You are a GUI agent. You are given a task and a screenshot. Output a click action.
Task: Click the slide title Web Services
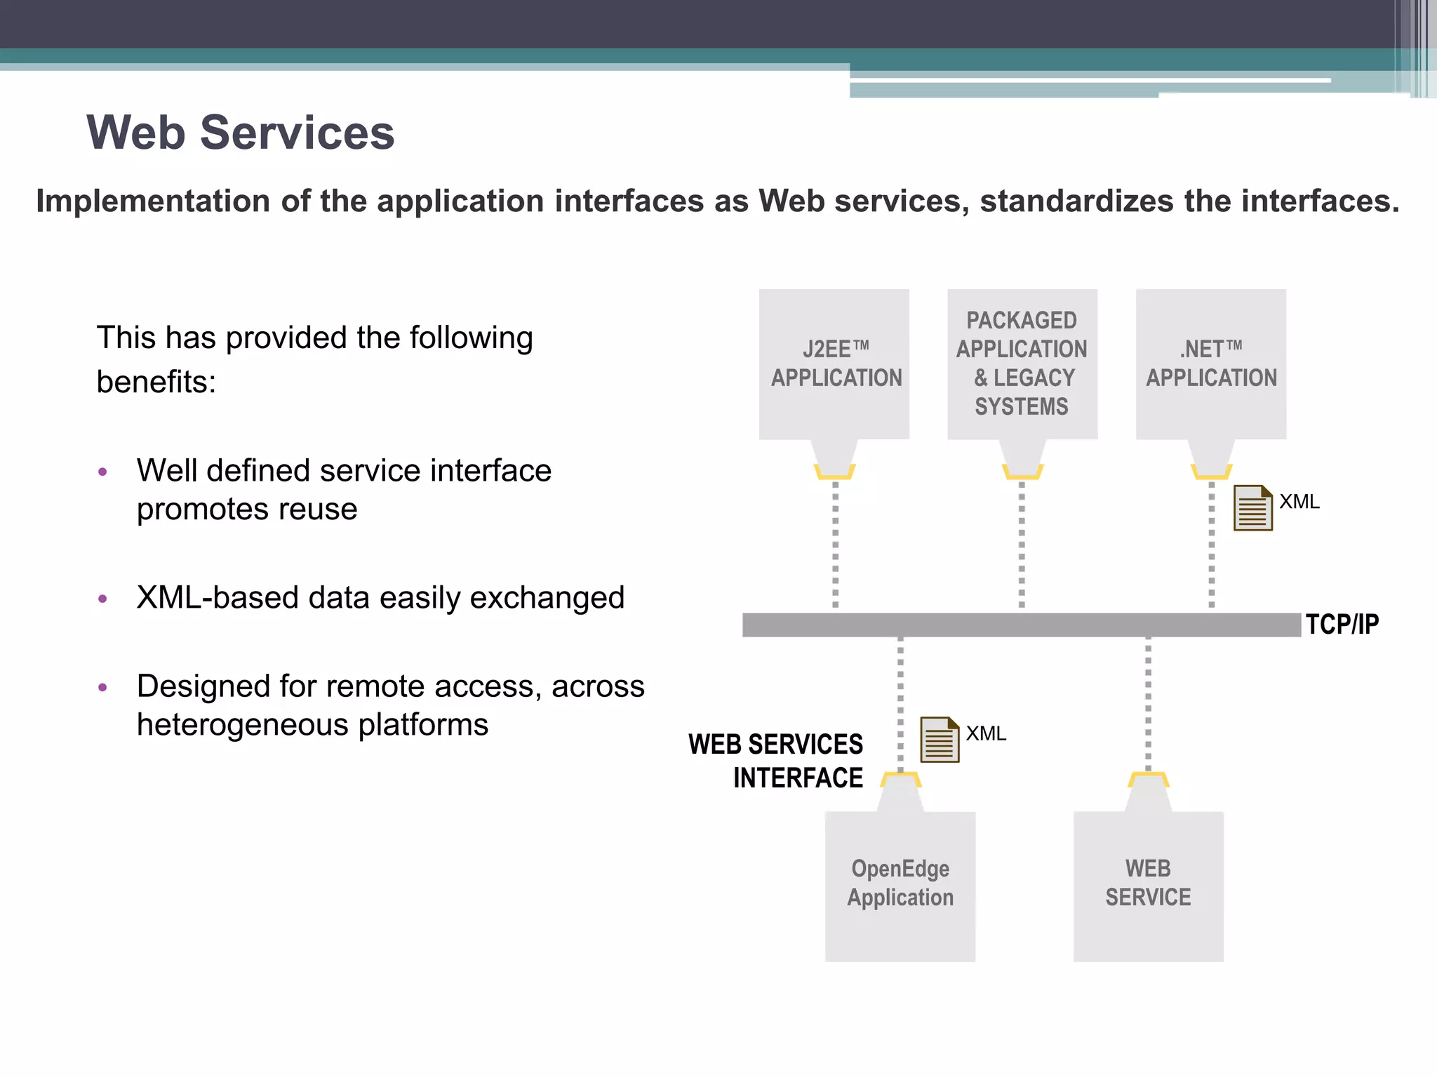(240, 133)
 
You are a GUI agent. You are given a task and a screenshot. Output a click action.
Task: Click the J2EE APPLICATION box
(834, 364)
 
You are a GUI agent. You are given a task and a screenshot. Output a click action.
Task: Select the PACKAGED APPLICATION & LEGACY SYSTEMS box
(1022, 364)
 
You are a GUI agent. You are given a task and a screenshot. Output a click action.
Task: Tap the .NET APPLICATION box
(1210, 364)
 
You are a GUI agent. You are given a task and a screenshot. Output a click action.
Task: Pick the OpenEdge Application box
(900, 886)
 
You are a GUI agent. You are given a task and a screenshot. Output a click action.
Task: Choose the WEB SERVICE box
(1148, 886)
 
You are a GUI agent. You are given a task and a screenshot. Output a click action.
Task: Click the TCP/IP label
(1342, 624)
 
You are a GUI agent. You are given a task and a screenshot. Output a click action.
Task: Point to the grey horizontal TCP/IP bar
(1021, 625)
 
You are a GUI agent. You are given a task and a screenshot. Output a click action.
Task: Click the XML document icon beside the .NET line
(1252, 508)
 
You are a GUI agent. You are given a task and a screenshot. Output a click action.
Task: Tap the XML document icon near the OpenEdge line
(939, 739)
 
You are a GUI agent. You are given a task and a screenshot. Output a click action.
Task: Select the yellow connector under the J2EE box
(834, 471)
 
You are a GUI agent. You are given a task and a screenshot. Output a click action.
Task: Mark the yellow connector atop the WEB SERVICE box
(1148, 780)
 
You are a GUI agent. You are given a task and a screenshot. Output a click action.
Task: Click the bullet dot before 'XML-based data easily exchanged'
(103, 599)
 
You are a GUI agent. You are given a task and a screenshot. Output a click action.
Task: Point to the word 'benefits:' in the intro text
(156, 382)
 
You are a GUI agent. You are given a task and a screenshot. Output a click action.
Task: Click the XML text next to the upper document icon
(1299, 502)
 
